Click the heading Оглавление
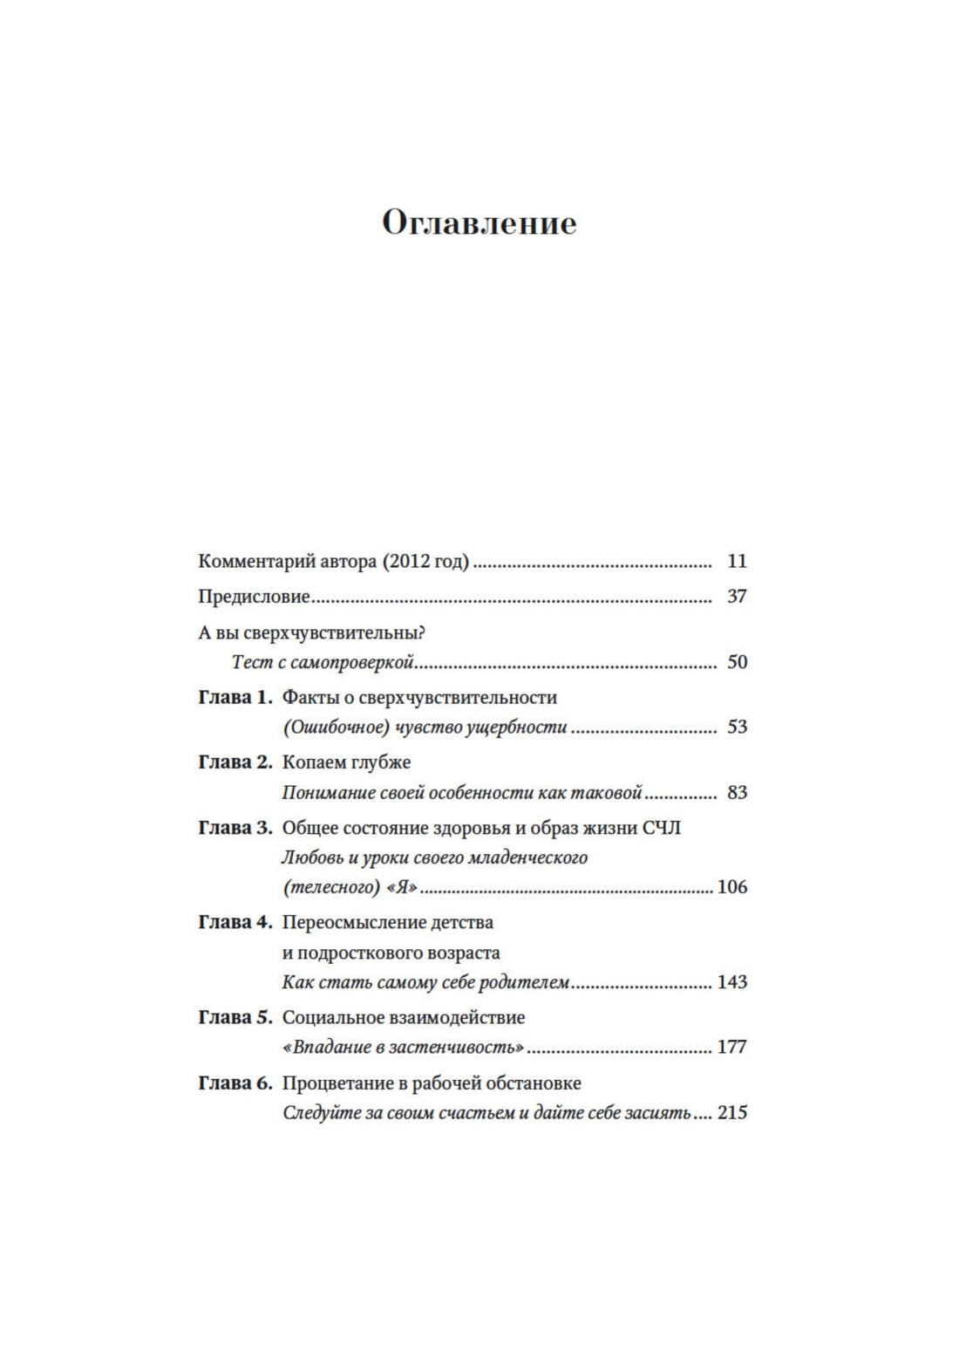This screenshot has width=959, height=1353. [x=479, y=223]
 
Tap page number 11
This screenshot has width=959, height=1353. [x=737, y=561]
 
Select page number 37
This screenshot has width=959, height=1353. [x=737, y=597]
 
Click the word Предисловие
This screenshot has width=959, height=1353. [x=255, y=597]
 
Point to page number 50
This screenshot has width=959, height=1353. [x=737, y=662]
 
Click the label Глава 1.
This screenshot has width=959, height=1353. [x=235, y=698]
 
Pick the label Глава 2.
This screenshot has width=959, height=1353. [x=235, y=762]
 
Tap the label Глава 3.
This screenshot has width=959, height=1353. [x=235, y=828]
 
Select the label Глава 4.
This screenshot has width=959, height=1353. [x=235, y=922]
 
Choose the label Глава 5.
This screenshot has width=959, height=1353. [x=235, y=1017]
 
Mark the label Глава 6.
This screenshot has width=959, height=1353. [x=235, y=1083]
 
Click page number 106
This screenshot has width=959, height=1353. [x=732, y=887]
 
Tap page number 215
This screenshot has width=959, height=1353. [x=732, y=1113]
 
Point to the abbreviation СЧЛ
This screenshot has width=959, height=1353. [x=662, y=828]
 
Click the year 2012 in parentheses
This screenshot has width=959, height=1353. [x=410, y=561]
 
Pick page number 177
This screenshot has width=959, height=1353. [x=732, y=1047]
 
